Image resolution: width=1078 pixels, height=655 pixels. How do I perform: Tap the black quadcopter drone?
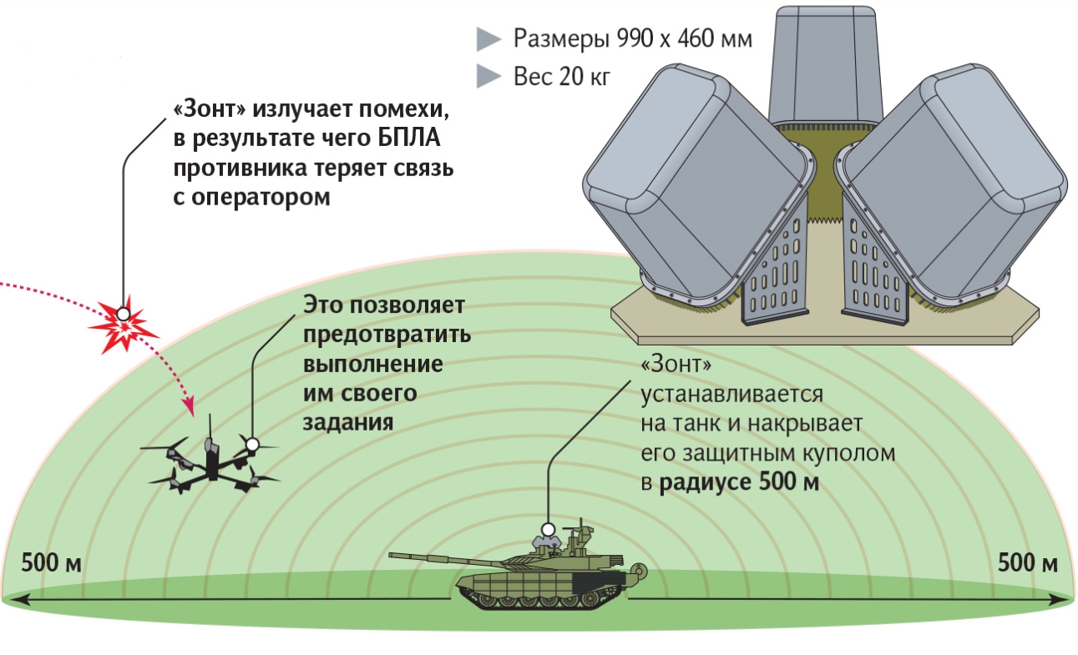coord(210,461)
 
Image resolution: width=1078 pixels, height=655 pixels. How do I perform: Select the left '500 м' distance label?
coord(52,562)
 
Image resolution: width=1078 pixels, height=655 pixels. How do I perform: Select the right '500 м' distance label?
coord(1028,562)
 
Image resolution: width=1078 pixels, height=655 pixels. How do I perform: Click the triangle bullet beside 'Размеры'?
coord(488,39)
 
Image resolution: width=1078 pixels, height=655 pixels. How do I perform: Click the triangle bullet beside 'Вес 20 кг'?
coord(488,77)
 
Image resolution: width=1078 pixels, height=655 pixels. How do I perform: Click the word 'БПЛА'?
coord(408,139)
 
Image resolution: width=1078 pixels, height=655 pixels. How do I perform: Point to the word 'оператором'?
coord(261,197)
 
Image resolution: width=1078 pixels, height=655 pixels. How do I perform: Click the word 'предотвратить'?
coord(387,335)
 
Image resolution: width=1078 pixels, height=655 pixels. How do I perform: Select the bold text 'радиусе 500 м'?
coord(739,482)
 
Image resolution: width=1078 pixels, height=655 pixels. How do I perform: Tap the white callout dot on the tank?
coord(548,530)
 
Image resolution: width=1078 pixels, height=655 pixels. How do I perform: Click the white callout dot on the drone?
coord(252,444)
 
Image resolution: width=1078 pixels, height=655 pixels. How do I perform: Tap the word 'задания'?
coord(348,423)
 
